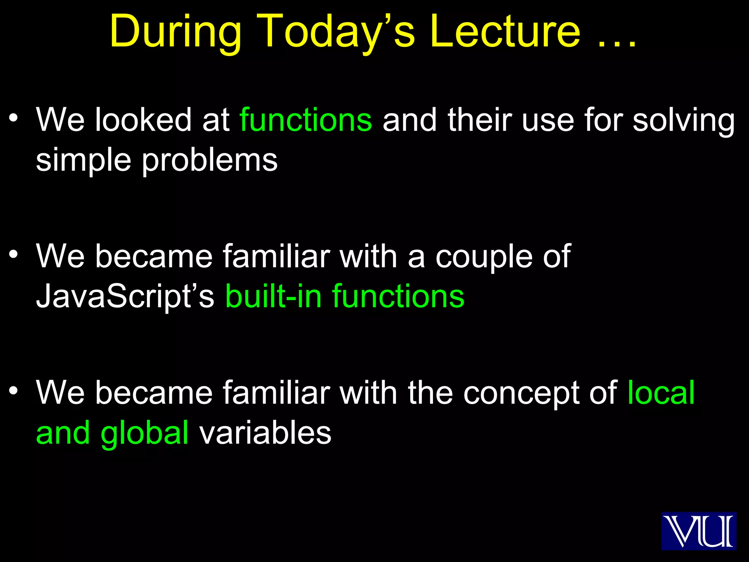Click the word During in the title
point(176,32)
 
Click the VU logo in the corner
point(699,531)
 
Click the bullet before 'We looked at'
point(14,118)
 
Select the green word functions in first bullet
point(306,120)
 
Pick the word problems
point(210,161)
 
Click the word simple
point(83,161)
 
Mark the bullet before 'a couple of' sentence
point(14,254)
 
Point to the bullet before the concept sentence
point(14,391)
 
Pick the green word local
point(661,393)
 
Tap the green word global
point(144,434)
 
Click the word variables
point(265,433)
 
